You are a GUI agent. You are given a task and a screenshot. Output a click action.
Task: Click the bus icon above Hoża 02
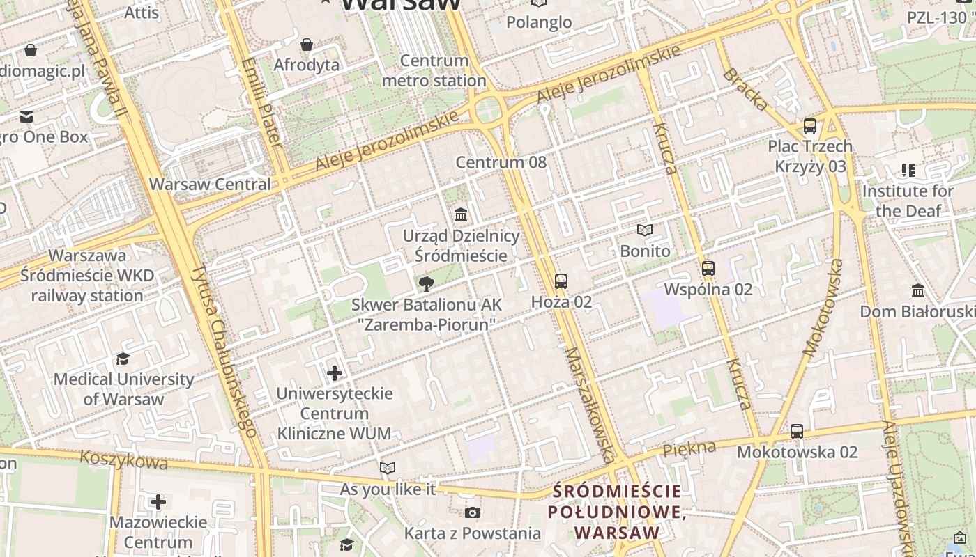click(x=561, y=281)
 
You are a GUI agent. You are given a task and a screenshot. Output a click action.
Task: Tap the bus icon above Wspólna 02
click(x=708, y=269)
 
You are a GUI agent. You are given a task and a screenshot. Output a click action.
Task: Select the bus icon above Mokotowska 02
click(x=797, y=432)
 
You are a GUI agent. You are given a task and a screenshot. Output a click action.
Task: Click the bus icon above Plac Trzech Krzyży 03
click(x=810, y=126)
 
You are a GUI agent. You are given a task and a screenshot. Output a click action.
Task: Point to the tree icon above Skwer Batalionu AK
click(x=426, y=283)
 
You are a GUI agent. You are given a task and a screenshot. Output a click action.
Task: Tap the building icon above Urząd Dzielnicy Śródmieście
click(x=461, y=214)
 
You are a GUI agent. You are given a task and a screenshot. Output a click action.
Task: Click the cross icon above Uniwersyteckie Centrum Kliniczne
click(x=335, y=373)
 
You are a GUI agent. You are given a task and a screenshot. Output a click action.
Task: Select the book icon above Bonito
click(x=645, y=230)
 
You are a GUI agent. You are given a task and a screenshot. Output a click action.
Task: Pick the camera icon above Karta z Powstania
click(x=472, y=513)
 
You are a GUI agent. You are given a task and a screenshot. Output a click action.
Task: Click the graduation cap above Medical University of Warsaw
click(x=123, y=359)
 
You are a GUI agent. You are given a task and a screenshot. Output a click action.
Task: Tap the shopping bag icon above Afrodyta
click(x=307, y=45)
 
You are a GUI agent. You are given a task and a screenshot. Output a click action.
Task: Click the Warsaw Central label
click(x=210, y=185)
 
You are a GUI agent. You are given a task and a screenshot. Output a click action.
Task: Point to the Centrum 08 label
click(x=501, y=162)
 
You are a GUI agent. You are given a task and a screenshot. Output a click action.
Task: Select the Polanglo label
click(x=539, y=22)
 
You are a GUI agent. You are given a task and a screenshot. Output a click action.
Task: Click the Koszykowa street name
click(x=124, y=460)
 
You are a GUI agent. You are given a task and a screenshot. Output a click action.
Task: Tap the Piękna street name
click(x=689, y=448)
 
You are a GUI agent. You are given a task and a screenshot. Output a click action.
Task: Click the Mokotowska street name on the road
click(x=823, y=308)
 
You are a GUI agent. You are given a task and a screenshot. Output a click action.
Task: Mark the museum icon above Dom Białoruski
click(x=918, y=290)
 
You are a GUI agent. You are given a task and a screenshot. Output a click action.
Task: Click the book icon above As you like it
click(x=388, y=469)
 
